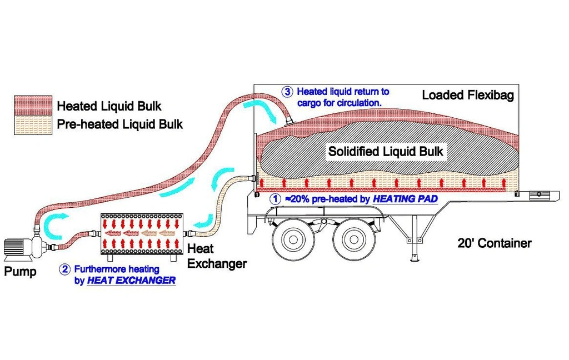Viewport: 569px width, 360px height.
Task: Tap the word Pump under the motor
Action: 21,272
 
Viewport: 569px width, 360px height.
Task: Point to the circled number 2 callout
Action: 66,270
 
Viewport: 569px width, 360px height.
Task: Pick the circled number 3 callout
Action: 287,92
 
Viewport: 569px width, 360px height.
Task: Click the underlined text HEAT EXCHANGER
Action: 131,281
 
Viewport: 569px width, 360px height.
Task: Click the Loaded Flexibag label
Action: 468,95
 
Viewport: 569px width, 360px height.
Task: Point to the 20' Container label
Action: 494,243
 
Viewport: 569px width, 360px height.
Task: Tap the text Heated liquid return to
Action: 343,91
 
